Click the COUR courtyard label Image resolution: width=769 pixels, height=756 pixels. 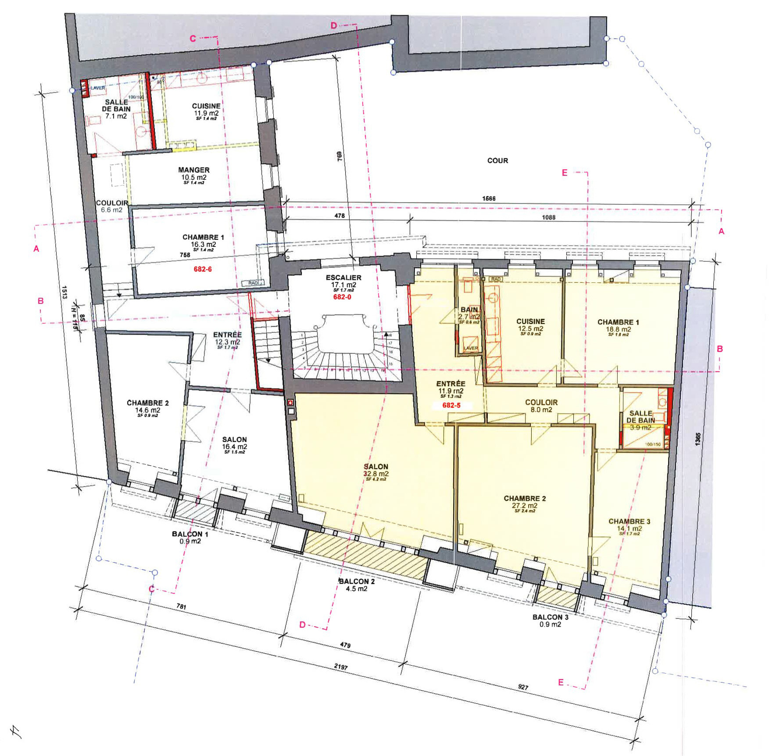click(x=497, y=160)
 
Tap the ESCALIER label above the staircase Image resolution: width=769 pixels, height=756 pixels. click(x=343, y=278)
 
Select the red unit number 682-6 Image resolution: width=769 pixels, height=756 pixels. click(x=203, y=269)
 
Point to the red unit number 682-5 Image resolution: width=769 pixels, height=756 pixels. click(x=451, y=405)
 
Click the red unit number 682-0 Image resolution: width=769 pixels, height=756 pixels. click(x=342, y=297)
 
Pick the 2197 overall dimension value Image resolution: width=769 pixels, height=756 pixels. click(x=340, y=667)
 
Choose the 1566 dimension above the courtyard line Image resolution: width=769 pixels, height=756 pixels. click(x=489, y=199)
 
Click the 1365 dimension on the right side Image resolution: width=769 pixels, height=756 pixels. click(x=698, y=440)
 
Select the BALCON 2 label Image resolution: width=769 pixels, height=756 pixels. click(x=357, y=581)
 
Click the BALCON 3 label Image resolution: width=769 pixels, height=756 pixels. click(x=551, y=617)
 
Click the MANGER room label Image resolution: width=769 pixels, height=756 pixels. click(x=194, y=170)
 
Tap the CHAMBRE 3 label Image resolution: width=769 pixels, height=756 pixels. click(x=629, y=521)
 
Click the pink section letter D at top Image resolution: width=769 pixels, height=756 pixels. click(x=333, y=26)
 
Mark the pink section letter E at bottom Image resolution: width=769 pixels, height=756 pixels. click(x=561, y=682)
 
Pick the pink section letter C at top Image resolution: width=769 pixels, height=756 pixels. click(x=193, y=39)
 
